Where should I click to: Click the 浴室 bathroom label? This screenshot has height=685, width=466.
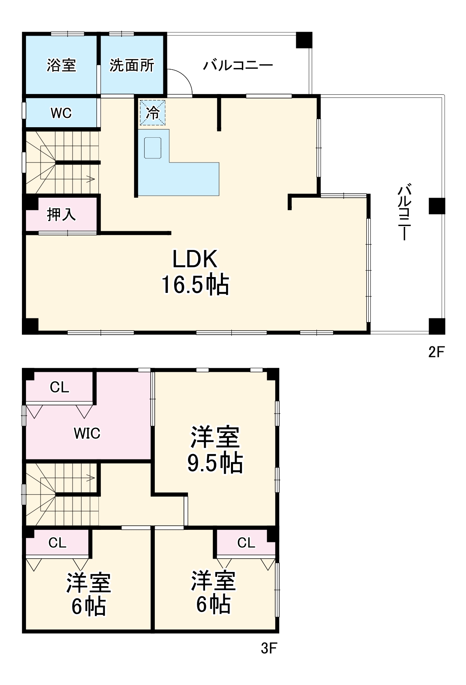[61, 65]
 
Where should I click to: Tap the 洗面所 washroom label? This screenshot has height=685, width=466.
[132, 65]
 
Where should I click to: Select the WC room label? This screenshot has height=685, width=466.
[61, 113]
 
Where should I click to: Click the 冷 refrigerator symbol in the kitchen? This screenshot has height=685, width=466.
[153, 113]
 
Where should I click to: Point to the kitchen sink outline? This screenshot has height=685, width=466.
[153, 148]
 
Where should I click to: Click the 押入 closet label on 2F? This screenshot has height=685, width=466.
[61, 214]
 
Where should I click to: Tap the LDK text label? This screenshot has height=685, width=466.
[195, 259]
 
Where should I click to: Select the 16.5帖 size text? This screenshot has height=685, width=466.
[195, 285]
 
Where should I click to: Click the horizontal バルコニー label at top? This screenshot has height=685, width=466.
[238, 65]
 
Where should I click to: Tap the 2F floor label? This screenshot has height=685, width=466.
[436, 352]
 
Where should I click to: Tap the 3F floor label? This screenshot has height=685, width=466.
[268, 649]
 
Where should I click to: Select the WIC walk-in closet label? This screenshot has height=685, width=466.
[87, 433]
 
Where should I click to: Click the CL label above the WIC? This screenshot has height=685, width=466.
[60, 387]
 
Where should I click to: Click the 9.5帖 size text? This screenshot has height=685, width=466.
[215, 463]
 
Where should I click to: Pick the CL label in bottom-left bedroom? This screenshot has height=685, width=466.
[57, 543]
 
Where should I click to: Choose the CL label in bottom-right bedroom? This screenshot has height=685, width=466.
[246, 542]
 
